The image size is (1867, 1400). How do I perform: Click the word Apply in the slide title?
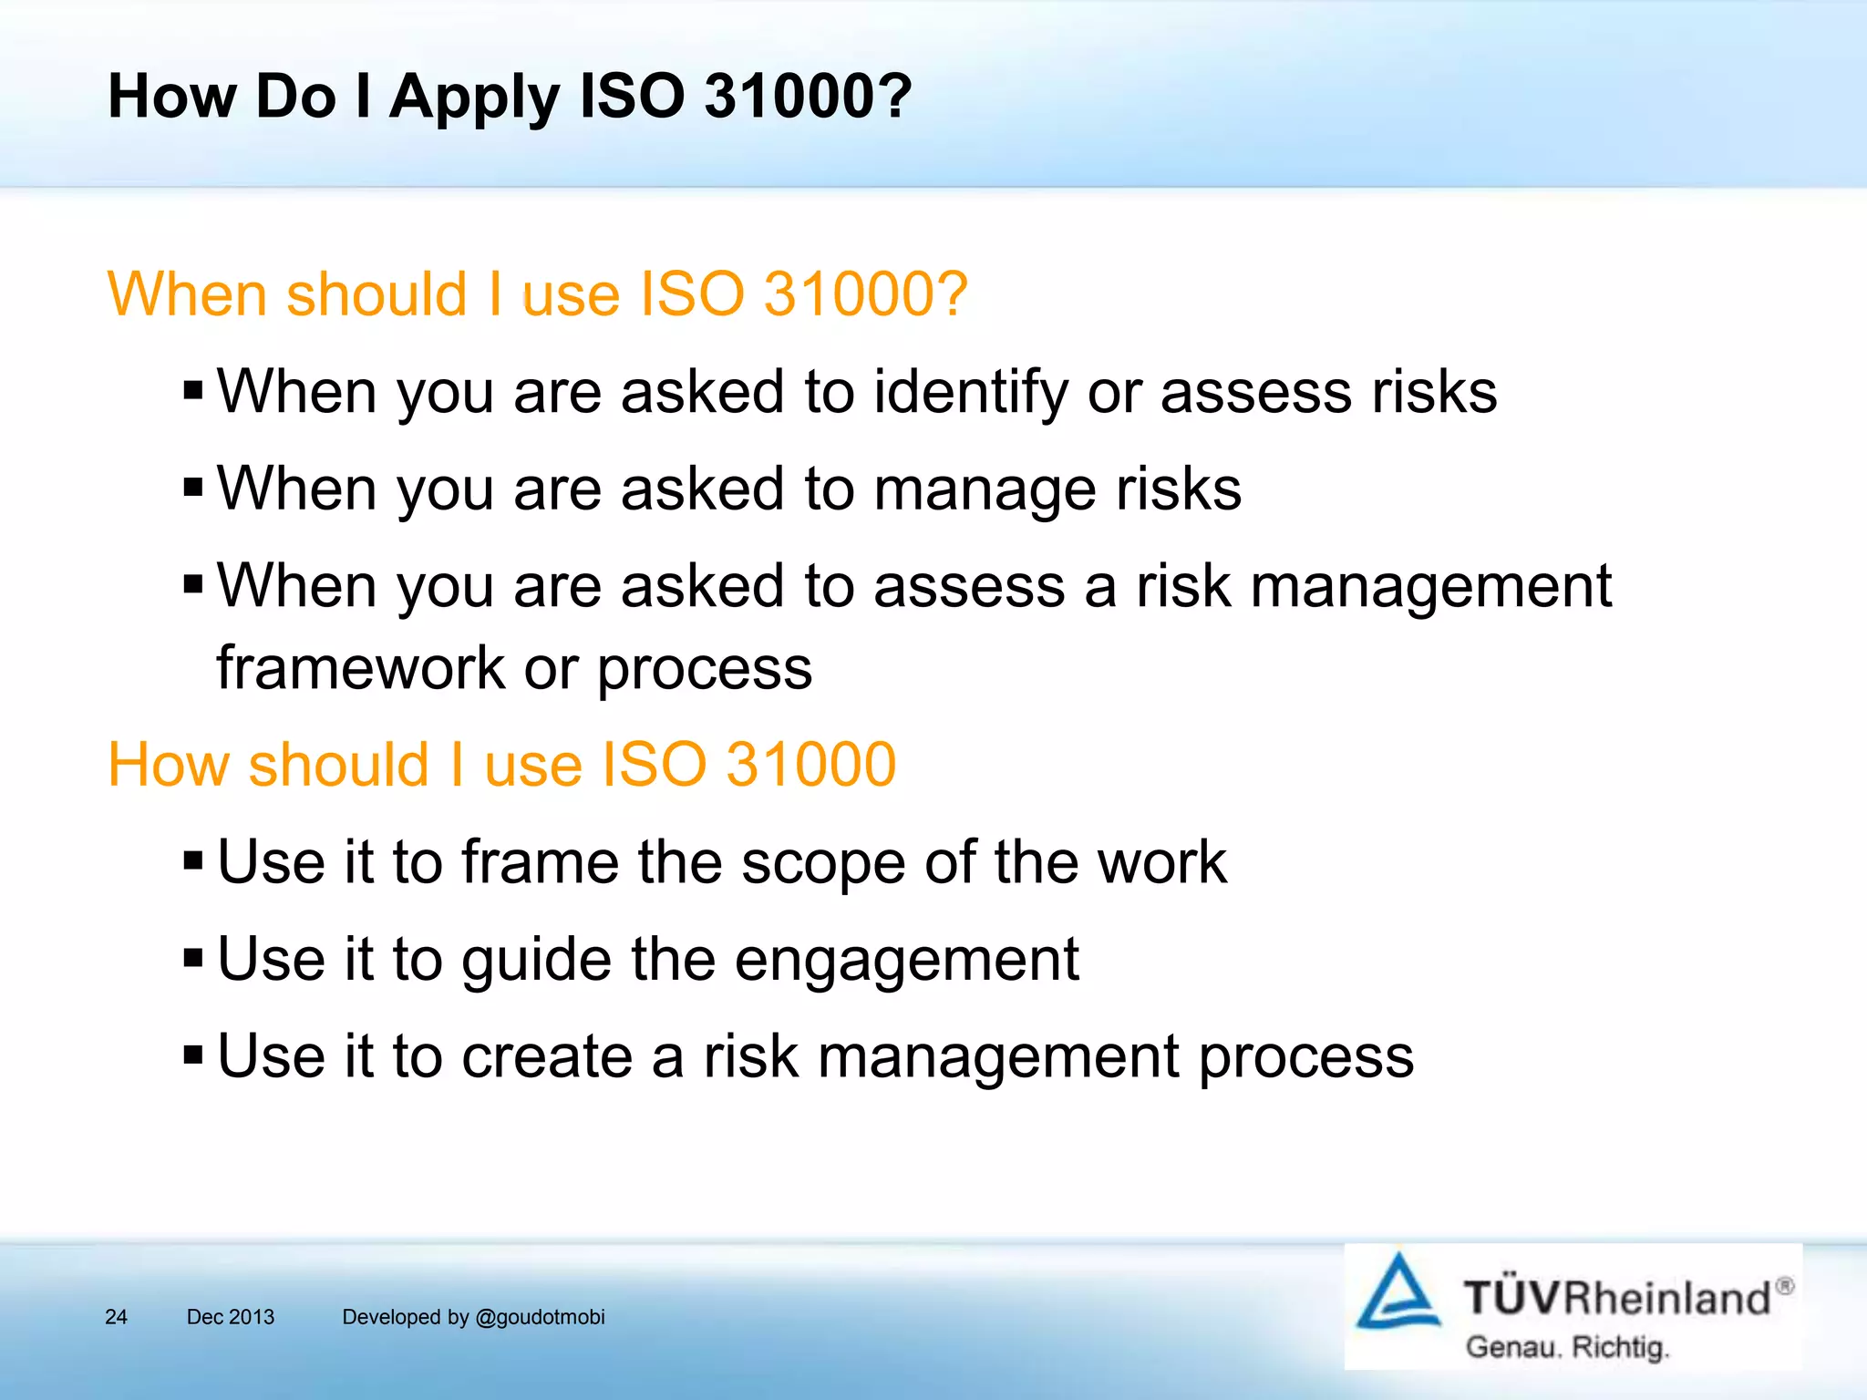[474, 98]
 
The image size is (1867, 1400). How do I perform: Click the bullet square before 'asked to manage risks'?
[192, 487]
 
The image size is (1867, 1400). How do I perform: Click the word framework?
[360, 668]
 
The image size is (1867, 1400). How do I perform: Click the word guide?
[536, 961]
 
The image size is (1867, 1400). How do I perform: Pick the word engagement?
[906, 961]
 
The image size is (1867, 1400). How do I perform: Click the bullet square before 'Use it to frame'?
[192, 860]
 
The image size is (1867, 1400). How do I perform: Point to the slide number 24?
[116, 1317]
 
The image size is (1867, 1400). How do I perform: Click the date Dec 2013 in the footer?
[230, 1317]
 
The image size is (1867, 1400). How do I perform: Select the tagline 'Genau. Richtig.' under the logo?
[1566, 1347]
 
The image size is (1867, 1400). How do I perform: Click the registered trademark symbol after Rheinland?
[1785, 1285]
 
